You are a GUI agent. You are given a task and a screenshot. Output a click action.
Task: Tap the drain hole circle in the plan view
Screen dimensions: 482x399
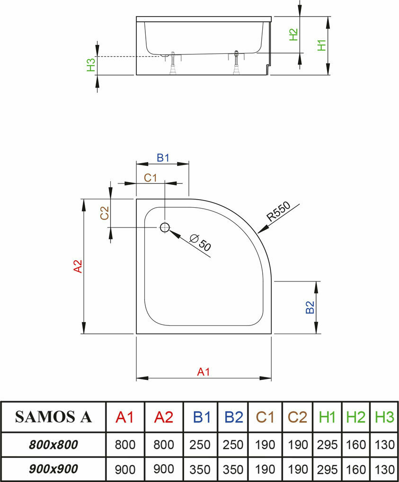click(164, 228)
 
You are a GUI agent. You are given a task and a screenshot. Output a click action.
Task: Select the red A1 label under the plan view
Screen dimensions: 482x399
click(203, 372)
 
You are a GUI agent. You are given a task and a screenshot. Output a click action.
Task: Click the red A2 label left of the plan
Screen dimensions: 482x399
click(78, 266)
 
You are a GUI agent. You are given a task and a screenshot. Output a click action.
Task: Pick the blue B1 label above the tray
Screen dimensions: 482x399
click(163, 158)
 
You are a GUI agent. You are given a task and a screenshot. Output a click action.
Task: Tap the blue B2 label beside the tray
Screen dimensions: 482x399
click(310, 307)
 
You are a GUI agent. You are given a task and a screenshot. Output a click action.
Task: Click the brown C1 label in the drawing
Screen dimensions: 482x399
click(151, 177)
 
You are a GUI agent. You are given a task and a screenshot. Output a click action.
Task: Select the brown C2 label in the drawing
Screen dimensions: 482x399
click(105, 213)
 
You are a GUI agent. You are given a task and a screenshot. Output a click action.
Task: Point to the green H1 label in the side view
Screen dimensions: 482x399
click(322, 45)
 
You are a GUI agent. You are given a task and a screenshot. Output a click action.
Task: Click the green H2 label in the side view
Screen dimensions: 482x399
click(293, 34)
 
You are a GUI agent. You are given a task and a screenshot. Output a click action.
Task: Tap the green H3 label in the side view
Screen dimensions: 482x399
click(91, 65)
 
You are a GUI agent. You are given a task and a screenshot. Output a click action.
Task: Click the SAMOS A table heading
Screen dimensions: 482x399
click(53, 417)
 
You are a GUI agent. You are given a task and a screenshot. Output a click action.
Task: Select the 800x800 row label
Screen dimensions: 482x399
click(53, 445)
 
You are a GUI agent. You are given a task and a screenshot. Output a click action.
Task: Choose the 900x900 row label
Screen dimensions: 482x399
click(53, 469)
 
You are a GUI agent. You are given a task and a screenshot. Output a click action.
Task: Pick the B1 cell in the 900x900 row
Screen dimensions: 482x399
click(200, 470)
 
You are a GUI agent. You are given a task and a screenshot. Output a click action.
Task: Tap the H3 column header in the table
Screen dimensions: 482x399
click(384, 417)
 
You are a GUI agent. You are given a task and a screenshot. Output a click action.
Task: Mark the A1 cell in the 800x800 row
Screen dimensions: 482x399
click(125, 445)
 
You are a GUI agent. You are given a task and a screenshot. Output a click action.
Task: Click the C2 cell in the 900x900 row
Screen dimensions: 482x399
click(298, 470)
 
